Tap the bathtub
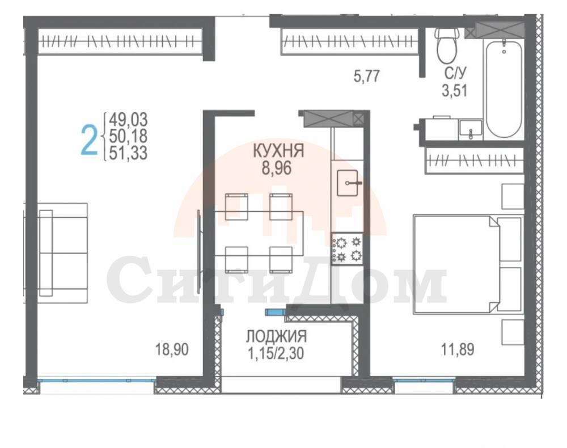click(x=503, y=88)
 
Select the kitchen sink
click(x=348, y=183)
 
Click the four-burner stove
click(x=347, y=248)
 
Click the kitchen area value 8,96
click(x=277, y=168)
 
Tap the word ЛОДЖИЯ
click(x=277, y=336)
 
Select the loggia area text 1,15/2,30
click(x=276, y=353)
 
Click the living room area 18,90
click(x=172, y=350)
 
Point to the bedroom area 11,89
click(x=458, y=350)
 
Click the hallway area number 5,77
click(x=367, y=77)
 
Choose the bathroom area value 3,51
click(x=455, y=90)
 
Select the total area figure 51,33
click(x=128, y=153)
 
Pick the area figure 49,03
click(x=128, y=119)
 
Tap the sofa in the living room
click(x=63, y=253)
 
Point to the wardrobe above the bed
click(x=475, y=160)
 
